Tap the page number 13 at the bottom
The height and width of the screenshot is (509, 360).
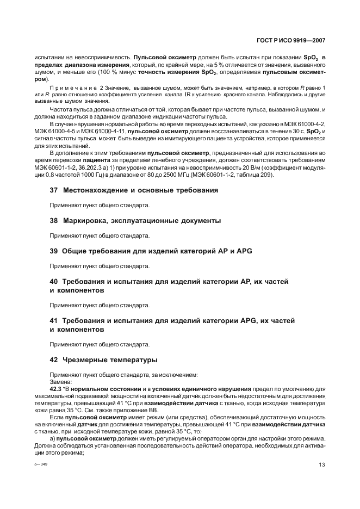point(322,465)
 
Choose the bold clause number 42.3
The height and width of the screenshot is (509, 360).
point(57,389)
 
